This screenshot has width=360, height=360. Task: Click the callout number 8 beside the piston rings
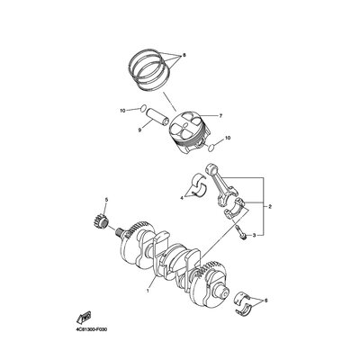point(184,56)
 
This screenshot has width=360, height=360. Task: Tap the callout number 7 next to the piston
point(220,116)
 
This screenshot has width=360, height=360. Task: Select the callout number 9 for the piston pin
point(139,130)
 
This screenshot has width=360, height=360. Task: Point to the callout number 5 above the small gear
point(106,200)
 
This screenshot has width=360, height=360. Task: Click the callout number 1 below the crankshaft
point(148,291)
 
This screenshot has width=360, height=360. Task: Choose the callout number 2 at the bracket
point(270,207)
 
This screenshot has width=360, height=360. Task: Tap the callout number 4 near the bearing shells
point(182,198)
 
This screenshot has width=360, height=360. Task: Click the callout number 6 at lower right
point(265,301)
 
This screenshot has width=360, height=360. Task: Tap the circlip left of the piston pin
point(144,108)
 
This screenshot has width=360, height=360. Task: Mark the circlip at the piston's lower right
point(211,147)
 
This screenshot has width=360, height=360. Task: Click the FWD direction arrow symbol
point(85,316)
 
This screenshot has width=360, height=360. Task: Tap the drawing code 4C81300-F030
point(91,329)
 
